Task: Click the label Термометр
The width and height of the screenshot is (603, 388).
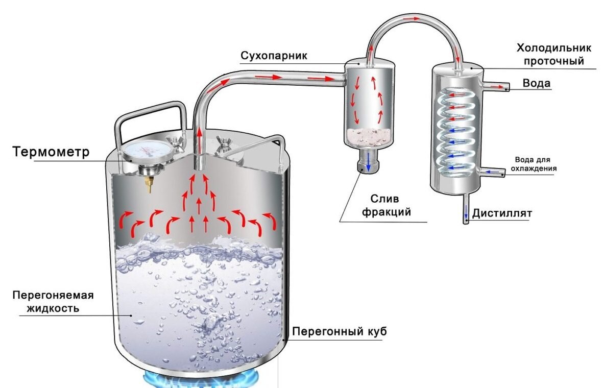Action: [x=52, y=152]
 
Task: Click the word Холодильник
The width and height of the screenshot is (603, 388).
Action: [x=554, y=48]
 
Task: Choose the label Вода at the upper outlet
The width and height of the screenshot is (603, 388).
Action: [x=537, y=84]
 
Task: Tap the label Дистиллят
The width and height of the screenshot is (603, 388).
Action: [x=502, y=213]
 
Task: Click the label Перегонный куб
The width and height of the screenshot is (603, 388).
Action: [x=339, y=331]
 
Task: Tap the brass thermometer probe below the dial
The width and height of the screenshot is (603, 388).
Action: [x=149, y=184]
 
